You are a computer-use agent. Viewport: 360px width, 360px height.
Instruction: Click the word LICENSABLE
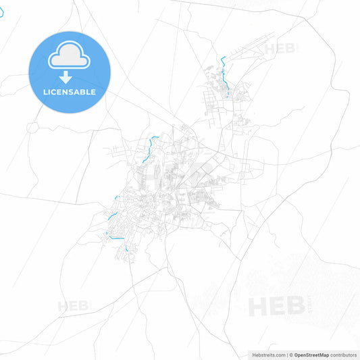pos(69,92)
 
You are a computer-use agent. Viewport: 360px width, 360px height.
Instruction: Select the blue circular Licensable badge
pos(69,72)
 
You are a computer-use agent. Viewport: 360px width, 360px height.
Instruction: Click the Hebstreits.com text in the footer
pos(266,355)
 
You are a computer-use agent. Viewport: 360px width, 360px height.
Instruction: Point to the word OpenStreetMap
pos(311,355)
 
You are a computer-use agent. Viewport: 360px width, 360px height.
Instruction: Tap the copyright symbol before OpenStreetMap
pos(290,355)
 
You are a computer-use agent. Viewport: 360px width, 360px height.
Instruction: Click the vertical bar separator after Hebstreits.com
pos(286,355)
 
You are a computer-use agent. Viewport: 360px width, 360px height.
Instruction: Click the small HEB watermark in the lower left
pos(74,306)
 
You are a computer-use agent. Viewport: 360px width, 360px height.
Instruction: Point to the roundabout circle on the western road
pos(32,127)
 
